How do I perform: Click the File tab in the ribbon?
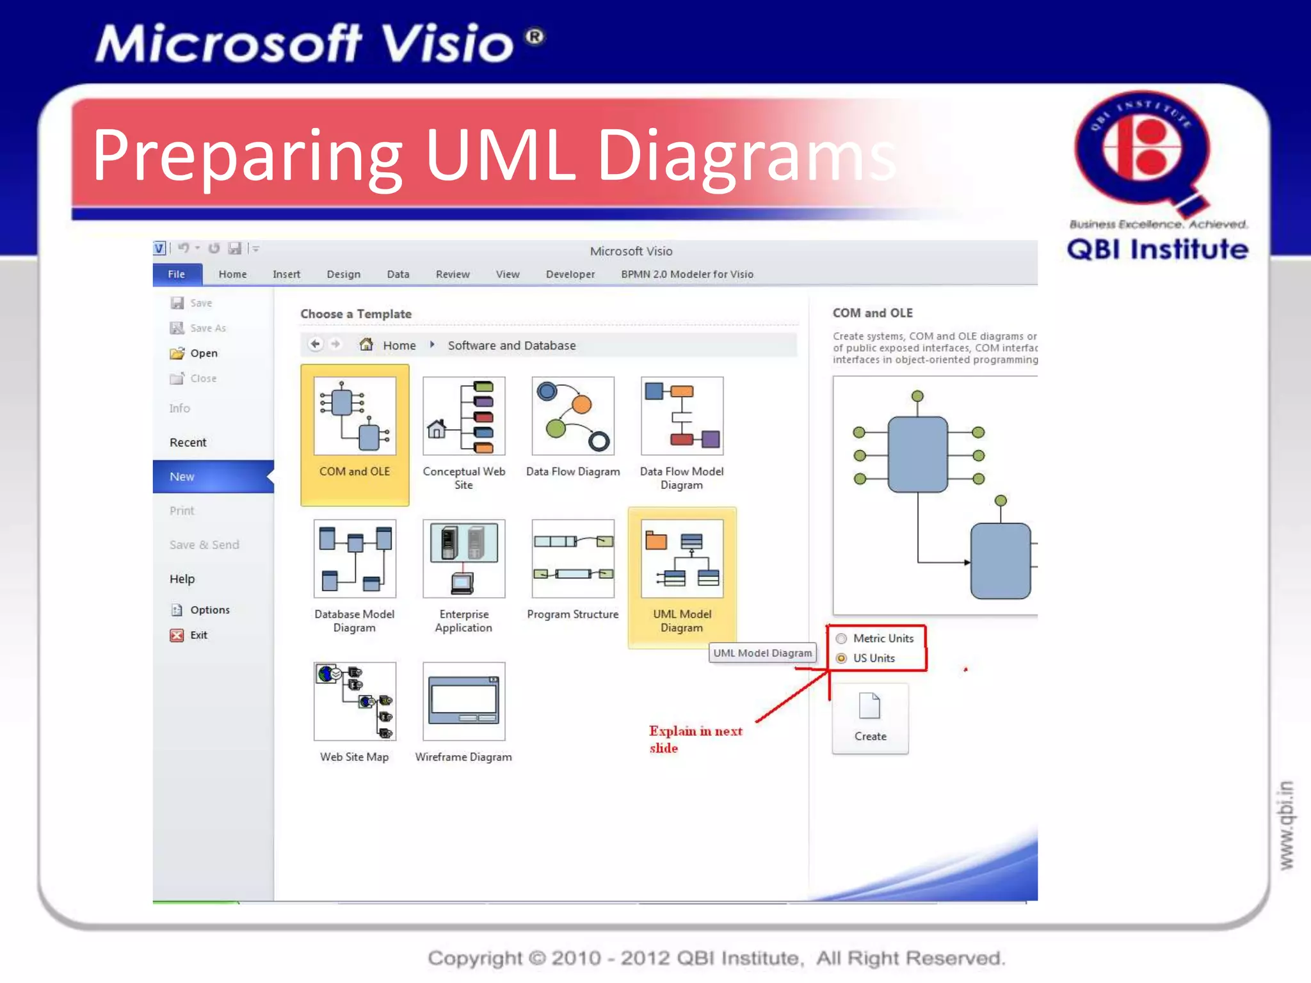point(177,274)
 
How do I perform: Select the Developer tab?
point(570,274)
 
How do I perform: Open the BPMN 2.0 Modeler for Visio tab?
point(687,274)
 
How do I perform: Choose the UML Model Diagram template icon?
point(682,559)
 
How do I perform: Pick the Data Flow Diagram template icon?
point(572,416)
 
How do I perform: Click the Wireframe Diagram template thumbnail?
point(463,701)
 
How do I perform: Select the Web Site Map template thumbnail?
point(355,701)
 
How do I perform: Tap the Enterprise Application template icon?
point(463,559)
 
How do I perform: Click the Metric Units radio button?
point(842,638)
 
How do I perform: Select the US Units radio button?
point(842,658)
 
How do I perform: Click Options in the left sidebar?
point(209,610)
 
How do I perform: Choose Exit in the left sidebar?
point(198,635)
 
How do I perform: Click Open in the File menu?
point(204,353)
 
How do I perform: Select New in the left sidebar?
point(182,477)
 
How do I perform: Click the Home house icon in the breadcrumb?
point(366,345)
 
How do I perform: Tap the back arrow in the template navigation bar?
point(315,344)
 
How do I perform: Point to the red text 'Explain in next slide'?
point(695,739)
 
